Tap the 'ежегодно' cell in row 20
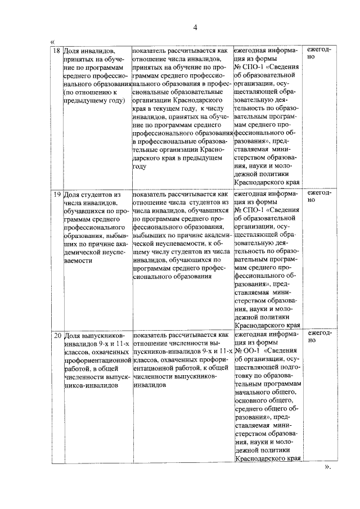pyautogui.click(x=319, y=337)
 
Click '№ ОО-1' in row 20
pyautogui.click(x=248, y=352)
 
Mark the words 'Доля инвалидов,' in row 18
pyautogui.click(x=90, y=51)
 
